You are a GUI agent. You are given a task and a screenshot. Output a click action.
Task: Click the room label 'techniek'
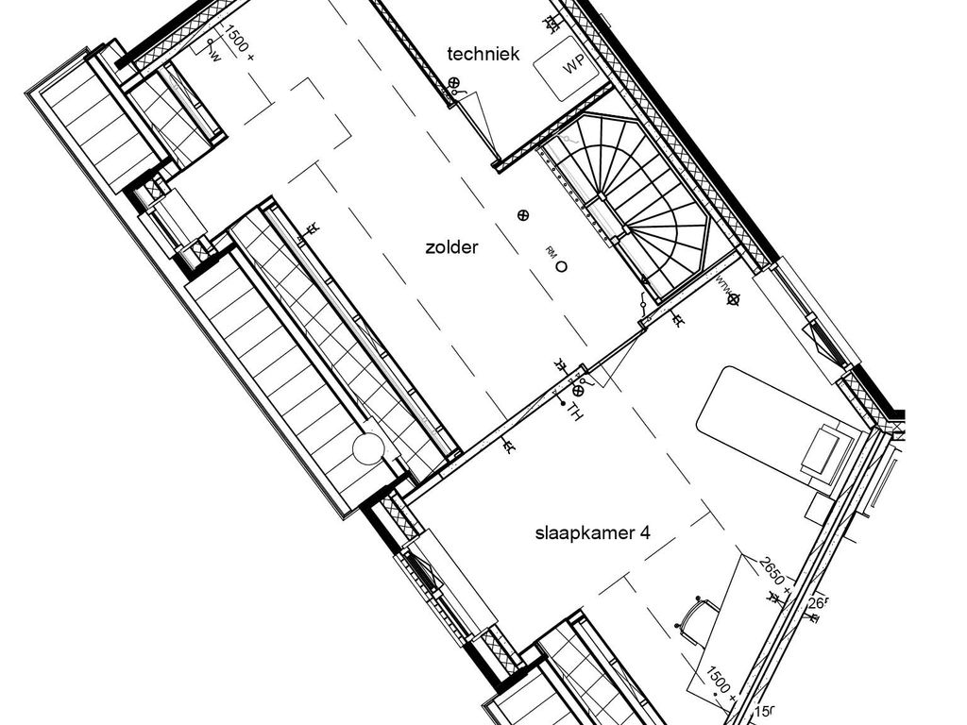click(x=483, y=55)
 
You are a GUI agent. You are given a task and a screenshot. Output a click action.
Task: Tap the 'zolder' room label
click(x=451, y=248)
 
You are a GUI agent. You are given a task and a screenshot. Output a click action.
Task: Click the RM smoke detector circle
click(x=561, y=267)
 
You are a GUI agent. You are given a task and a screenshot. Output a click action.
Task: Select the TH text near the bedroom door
click(x=571, y=410)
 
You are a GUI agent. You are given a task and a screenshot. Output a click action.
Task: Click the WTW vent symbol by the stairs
click(x=734, y=299)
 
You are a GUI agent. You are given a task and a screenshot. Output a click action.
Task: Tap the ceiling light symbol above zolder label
click(x=523, y=215)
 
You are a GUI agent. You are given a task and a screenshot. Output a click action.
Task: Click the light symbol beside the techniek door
click(x=453, y=83)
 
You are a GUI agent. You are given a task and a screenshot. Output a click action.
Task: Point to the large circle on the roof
click(x=369, y=450)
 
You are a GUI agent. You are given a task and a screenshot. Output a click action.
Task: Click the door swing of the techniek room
click(x=477, y=123)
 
